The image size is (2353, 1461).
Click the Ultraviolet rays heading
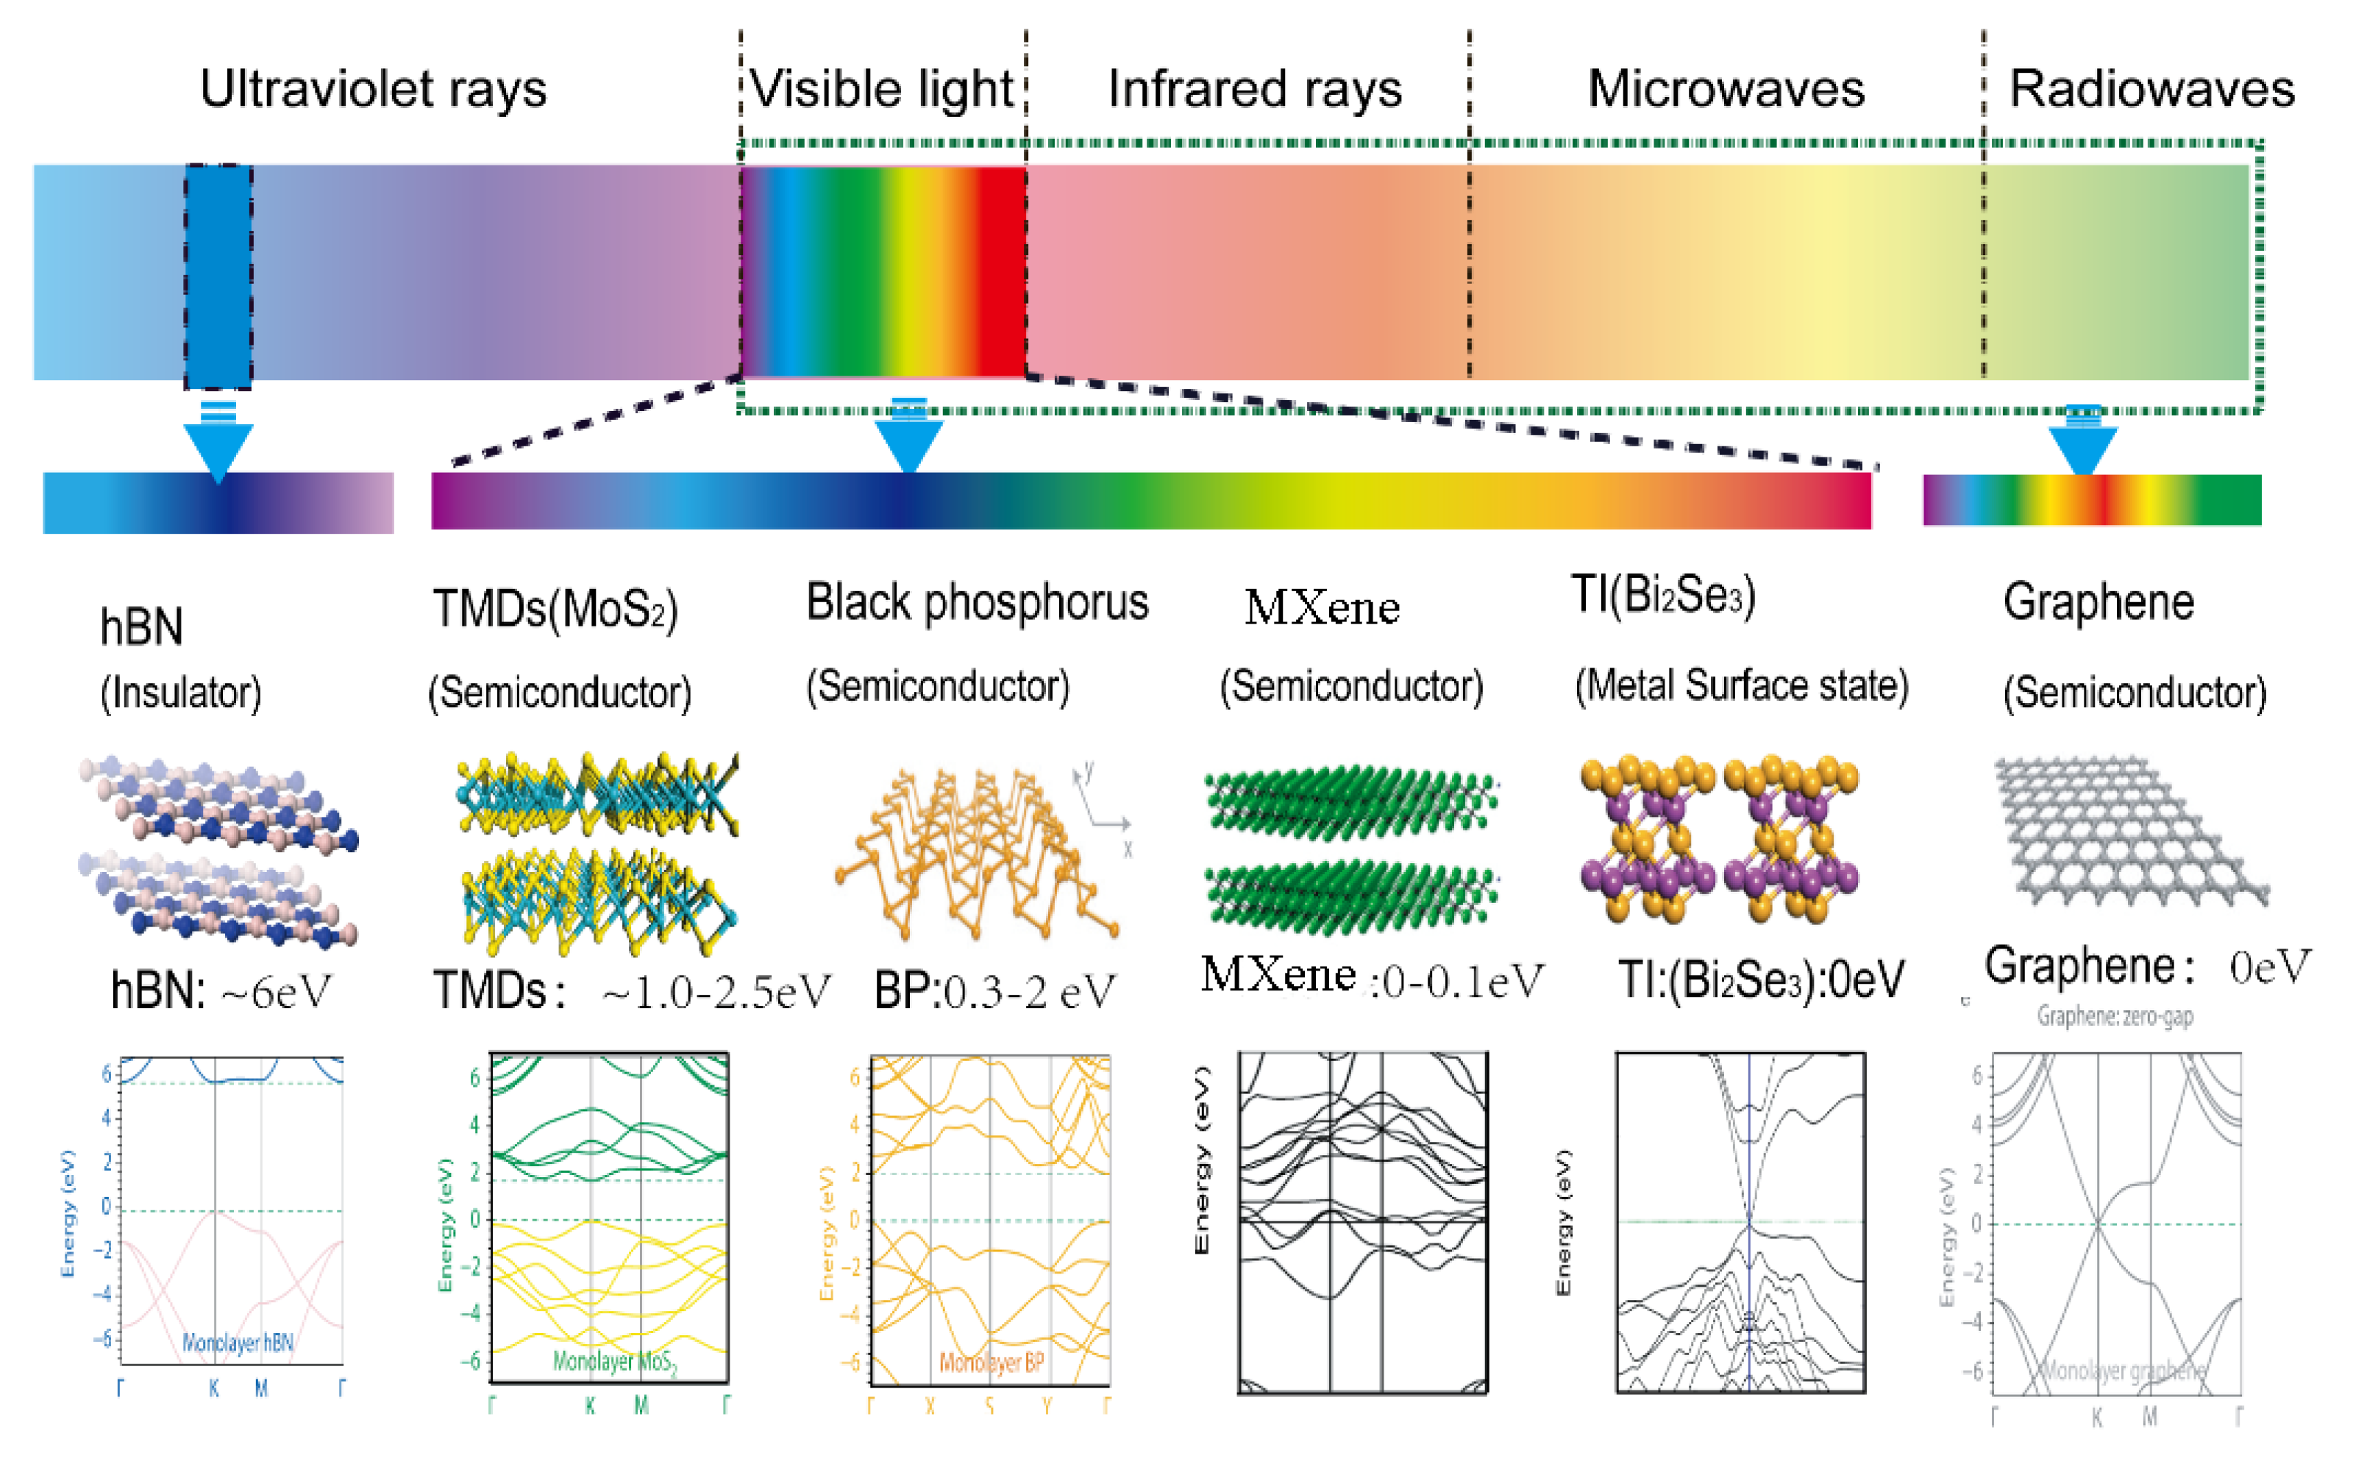pos(373,89)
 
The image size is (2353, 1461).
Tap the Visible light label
pos(880,89)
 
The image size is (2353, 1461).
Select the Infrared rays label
pos(1254,89)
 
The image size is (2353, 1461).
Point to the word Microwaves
pos(1726,89)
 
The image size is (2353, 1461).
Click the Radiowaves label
pos(2151,89)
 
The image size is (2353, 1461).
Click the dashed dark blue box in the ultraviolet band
pos(218,276)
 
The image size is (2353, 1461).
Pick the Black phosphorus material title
pos(977,603)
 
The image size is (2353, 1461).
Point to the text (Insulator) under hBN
pos(181,693)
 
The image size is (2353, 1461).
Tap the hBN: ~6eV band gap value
pos(221,990)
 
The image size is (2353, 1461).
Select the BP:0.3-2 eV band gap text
pos(994,990)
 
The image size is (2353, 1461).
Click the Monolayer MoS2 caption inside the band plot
pos(615,1362)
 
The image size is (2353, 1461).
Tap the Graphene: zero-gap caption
pos(2115,1015)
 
